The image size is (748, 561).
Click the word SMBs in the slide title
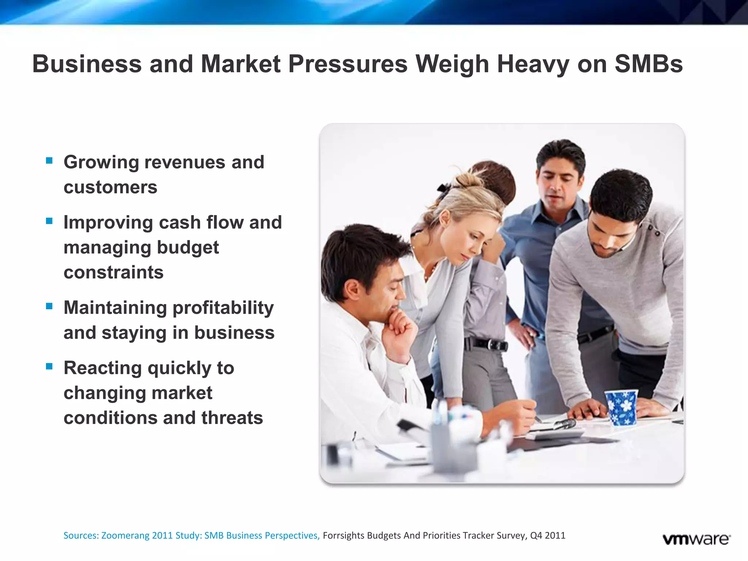[649, 64]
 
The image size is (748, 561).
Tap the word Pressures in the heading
[348, 64]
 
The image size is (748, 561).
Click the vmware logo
[697, 539]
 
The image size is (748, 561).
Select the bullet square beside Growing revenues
[49, 160]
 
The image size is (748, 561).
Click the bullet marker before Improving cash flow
[49, 221]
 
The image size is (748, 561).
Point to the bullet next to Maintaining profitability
[49, 306]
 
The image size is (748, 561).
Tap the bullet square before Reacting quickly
[49, 366]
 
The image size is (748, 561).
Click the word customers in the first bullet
[110, 187]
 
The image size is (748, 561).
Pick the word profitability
[223, 308]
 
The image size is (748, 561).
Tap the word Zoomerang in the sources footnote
[125, 535]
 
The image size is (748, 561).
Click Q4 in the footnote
[536, 535]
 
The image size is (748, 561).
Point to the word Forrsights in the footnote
[344, 535]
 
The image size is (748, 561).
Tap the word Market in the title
[241, 64]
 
